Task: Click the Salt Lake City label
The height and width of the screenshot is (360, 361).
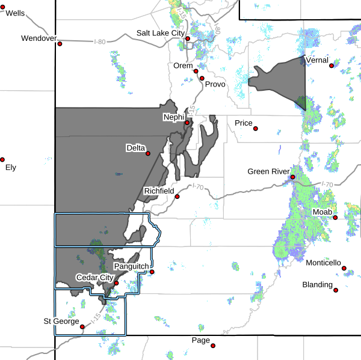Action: pos(159,34)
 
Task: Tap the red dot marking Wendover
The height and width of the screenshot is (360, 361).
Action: pos(60,43)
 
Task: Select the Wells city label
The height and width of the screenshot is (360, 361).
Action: pos(15,13)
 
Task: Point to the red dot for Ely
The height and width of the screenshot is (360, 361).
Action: pos(2,160)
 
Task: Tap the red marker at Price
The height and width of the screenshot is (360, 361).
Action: pos(256,128)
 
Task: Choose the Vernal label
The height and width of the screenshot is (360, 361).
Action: pos(317,60)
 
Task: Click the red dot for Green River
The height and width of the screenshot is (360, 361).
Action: pos(292,177)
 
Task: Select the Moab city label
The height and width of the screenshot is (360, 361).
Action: pos(321,212)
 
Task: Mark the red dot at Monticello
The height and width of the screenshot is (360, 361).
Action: pos(345,269)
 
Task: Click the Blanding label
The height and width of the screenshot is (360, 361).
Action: pos(317,285)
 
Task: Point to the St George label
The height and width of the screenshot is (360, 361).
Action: pos(60,321)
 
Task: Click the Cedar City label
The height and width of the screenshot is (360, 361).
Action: pos(94,278)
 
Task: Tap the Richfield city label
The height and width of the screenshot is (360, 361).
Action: pos(159,191)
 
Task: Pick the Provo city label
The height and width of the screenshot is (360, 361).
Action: pos(215,84)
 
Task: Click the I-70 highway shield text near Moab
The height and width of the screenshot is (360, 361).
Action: pos(327,185)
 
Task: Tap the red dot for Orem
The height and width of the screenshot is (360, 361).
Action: pos(196,71)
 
